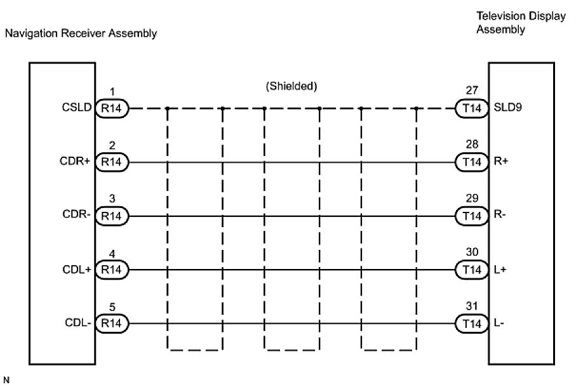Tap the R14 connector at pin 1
(x=111, y=108)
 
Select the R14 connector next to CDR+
(x=111, y=162)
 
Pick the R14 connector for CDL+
(x=111, y=270)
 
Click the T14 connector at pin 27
(x=472, y=108)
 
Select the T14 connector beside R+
(x=472, y=162)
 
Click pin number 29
(x=472, y=199)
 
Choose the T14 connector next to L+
(x=472, y=270)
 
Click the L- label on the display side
(x=499, y=324)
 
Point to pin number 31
(x=472, y=307)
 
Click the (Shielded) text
(x=291, y=86)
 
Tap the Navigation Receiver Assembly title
(x=81, y=34)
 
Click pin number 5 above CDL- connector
(x=111, y=307)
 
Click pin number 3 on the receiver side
(x=111, y=199)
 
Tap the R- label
(x=499, y=216)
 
